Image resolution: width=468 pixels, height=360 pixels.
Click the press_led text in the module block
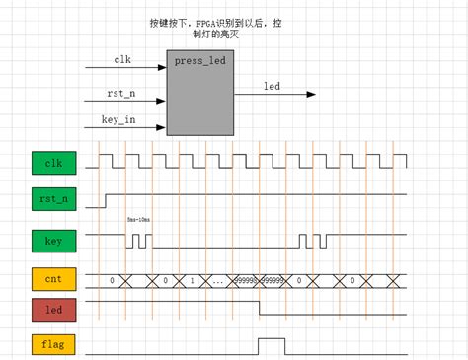200,60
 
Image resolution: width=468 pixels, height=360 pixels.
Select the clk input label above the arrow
122,59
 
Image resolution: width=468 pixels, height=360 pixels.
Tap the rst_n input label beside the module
122,93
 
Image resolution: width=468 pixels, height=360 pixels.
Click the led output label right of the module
272,85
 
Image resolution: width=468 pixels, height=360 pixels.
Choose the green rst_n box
53,200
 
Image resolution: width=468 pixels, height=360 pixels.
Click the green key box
53,240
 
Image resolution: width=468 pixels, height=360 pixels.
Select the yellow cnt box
53,280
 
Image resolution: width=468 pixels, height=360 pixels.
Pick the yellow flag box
53,346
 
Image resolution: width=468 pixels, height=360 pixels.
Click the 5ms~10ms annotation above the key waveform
139,220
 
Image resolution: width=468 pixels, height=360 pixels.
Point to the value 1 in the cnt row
191,281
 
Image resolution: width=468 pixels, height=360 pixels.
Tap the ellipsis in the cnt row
216,282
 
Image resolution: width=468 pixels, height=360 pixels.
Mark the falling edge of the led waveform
259,307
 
